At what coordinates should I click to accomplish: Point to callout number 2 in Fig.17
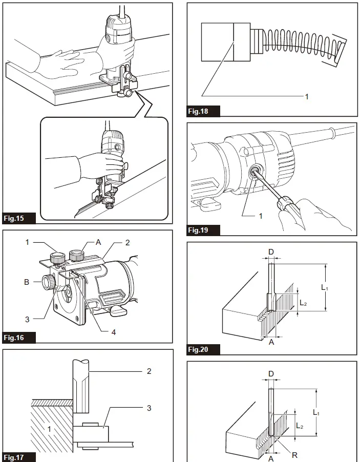tap(149, 371)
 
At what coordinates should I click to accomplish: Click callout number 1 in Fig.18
tap(307, 96)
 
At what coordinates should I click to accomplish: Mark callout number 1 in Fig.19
tap(260, 216)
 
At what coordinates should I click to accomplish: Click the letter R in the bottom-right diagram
tap(294, 455)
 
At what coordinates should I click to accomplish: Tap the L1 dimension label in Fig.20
tap(325, 288)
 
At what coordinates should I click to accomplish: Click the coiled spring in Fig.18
tap(302, 43)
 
